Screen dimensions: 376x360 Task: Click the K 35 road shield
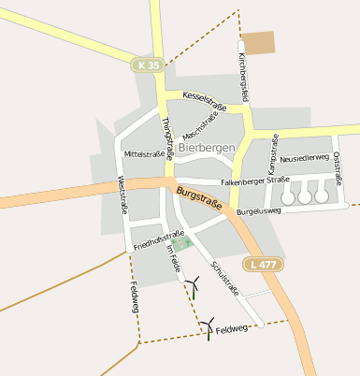pos(148,65)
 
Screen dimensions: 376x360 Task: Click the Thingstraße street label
pos(166,137)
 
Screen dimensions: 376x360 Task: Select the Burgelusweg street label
pos(260,212)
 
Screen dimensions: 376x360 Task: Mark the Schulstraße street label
pos(225,277)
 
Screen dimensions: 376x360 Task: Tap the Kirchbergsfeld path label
pos(245,79)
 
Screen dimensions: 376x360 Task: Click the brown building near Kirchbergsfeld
pos(260,43)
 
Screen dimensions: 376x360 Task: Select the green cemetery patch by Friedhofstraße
pos(181,242)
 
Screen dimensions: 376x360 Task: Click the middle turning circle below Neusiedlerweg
pos(305,196)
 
